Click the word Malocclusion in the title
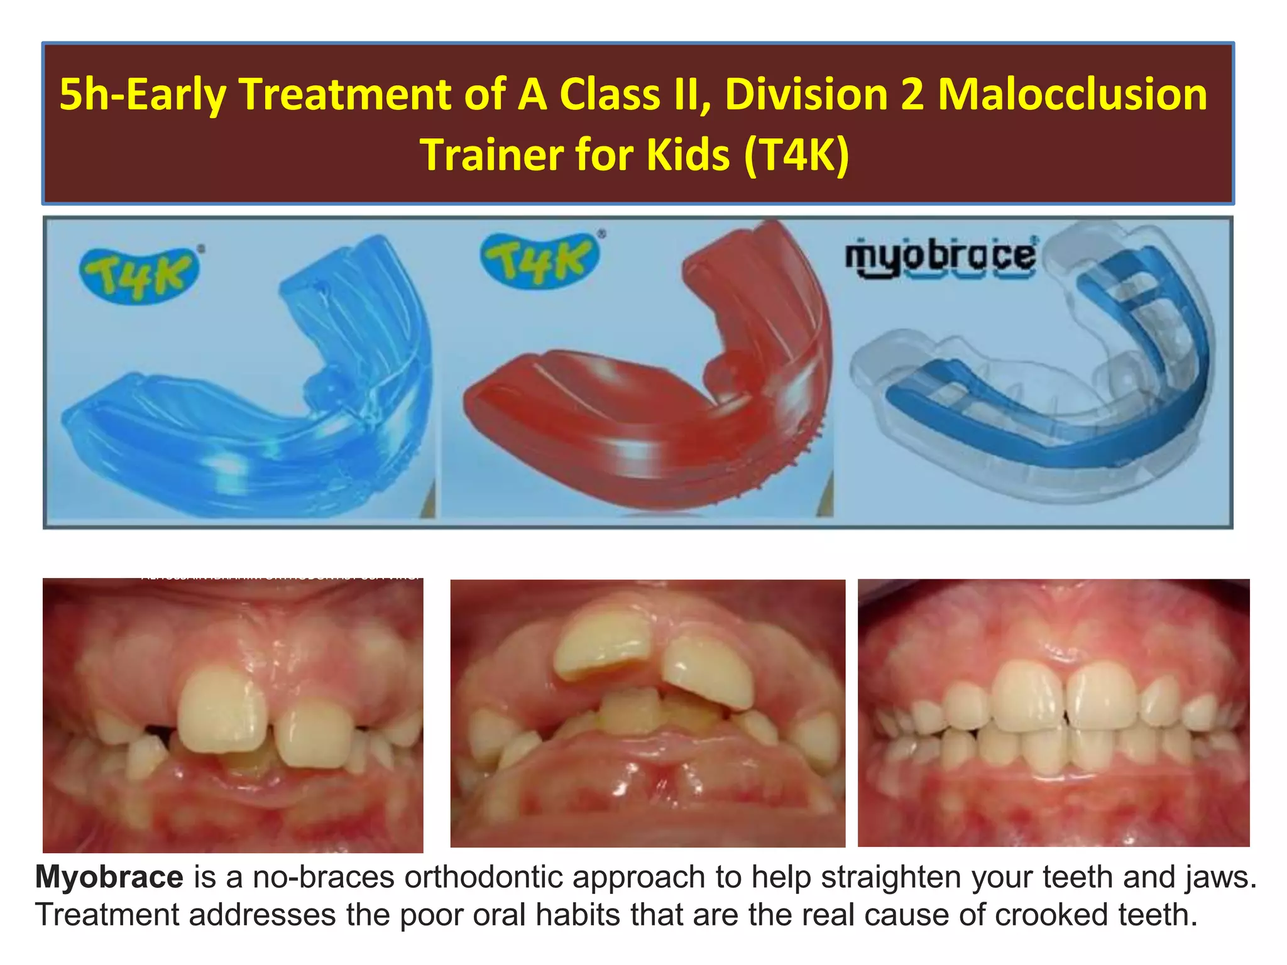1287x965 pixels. coord(1072,94)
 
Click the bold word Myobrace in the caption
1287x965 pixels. coord(109,877)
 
